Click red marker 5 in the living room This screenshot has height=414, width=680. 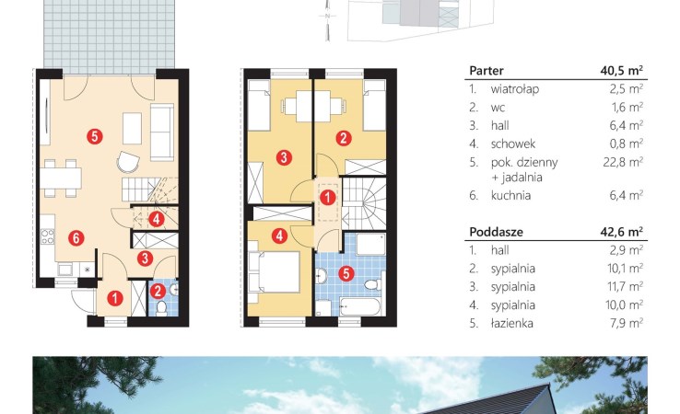(x=95, y=136)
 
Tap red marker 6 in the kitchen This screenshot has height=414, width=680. (x=76, y=237)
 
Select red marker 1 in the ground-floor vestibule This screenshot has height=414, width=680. (x=115, y=298)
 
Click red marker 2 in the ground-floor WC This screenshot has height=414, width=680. (x=158, y=291)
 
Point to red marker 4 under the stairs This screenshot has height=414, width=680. (x=156, y=219)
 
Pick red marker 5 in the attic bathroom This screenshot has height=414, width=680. (x=346, y=273)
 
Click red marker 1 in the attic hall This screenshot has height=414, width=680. (x=327, y=198)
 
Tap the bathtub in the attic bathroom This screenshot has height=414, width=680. (x=360, y=306)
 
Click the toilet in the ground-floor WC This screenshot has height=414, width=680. (x=162, y=308)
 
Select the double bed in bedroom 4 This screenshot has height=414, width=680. (x=274, y=272)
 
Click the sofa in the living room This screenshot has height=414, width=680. (x=162, y=132)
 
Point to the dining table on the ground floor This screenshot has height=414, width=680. (x=60, y=178)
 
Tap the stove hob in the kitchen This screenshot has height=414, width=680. (x=47, y=236)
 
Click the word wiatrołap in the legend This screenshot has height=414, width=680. (x=515, y=89)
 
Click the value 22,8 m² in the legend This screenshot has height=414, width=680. (x=623, y=162)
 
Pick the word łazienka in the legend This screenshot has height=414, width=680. (x=511, y=323)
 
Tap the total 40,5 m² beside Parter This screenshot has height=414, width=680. (x=621, y=70)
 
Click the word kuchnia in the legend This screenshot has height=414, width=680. (x=510, y=195)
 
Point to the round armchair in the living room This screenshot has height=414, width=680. (x=128, y=163)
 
